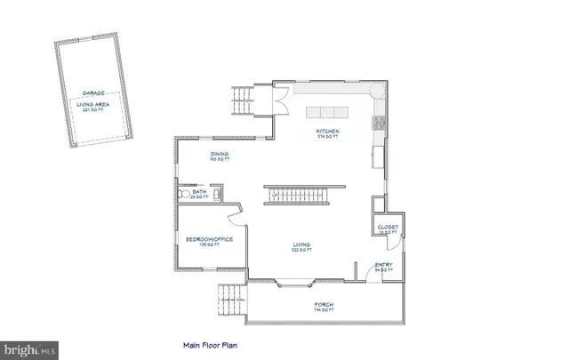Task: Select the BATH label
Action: (x=199, y=191)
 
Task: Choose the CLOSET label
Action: (x=389, y=227)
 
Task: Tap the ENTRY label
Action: (x=383, y=264)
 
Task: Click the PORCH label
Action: (x=324, y=306)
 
